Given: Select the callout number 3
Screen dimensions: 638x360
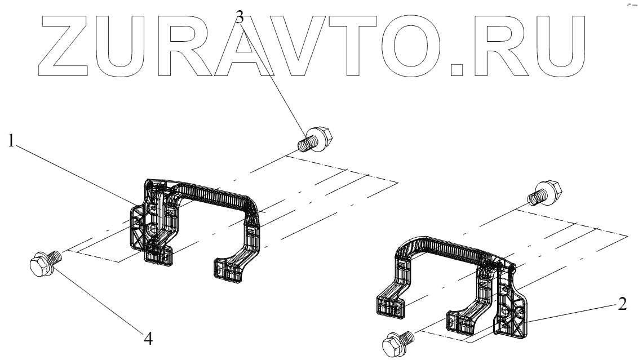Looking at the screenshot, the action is pyautogui.click(x=240, y=17).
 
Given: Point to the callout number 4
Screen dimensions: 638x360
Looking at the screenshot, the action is pyautogui.click(x=148, y=339).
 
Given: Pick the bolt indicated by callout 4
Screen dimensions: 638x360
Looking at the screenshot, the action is pyautogui.click(x=43, y=263).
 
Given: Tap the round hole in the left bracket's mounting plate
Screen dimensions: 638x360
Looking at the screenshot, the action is pyautogui.click(x=153, y=230).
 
